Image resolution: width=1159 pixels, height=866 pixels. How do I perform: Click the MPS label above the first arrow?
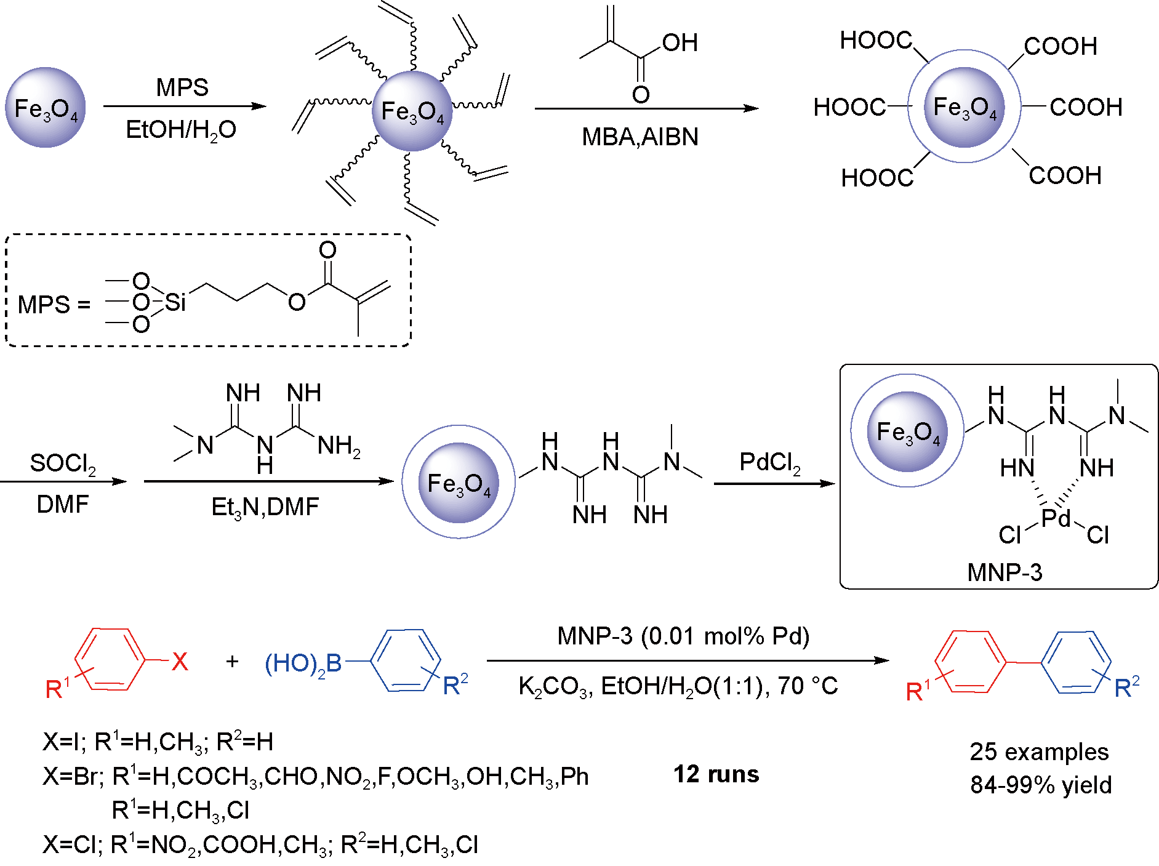click(182, 87)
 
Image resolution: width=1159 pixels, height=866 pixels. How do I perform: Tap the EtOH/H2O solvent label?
click(181, 130)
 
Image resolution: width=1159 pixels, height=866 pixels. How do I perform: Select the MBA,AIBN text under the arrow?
click(640, 137)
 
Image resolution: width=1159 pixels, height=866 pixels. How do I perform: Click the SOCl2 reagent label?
click(63, 463)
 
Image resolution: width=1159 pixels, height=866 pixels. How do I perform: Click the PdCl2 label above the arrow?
click(770, 462)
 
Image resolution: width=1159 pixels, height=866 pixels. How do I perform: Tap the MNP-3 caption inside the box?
click(1005, 572)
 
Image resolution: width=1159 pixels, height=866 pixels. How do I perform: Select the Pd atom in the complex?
click(1056, 518)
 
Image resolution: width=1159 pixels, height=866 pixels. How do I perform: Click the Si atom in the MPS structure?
click(175, 302)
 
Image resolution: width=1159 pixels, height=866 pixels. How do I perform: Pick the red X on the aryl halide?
click(180, 662)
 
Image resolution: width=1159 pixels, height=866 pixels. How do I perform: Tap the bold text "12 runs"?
click(716, 774)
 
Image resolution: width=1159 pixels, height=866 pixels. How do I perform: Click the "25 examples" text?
click(1039, 752)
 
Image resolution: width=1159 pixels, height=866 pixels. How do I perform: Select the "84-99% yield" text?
click(1041, 785)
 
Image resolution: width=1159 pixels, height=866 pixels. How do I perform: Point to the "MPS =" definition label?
click(54, 305)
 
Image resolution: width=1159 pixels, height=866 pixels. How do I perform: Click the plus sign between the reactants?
click(232, 662)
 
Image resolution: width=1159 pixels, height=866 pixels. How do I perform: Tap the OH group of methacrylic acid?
click(680, 43)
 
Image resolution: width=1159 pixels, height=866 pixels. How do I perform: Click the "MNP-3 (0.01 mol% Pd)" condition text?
click(683, 636)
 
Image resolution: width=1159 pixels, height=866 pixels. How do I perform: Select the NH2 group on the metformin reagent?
click(339, 446)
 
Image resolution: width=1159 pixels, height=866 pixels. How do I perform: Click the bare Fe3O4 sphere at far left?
click(46, 108)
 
